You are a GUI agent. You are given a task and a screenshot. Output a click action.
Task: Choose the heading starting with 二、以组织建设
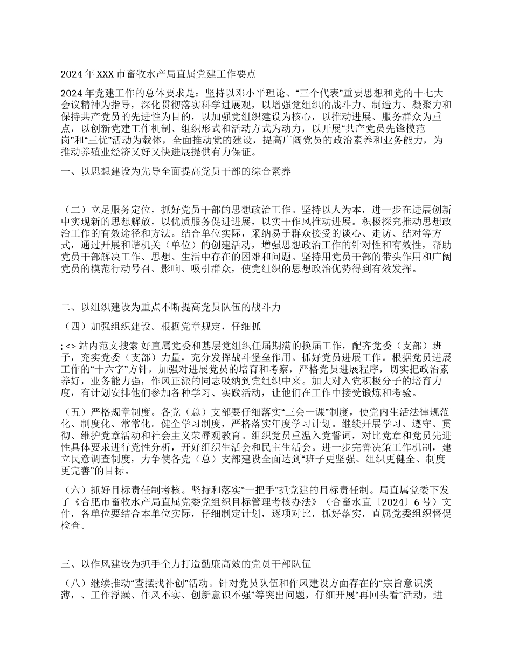[171, 307]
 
